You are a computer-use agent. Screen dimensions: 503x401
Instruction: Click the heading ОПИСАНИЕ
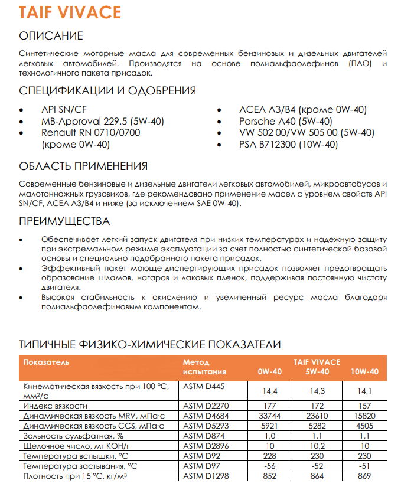[x=51, y=36]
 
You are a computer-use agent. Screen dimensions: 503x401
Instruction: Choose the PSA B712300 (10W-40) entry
[x=288, y=144]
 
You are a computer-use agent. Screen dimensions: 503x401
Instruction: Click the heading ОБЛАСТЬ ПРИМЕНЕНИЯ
[x=83, y=166]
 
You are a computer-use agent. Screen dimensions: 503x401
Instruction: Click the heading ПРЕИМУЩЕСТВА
[x=64, y=221]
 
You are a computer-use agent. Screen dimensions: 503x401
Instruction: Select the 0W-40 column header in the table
[x=269, y=372]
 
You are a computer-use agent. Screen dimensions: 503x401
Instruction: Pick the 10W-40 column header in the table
[x=364, y=372]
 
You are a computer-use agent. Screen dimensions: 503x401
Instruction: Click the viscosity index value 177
[x=269, y=406]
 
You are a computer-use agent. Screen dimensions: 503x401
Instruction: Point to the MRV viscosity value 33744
[x=269, y=416]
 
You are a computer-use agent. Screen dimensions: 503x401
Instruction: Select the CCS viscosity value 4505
[x=364, y=425]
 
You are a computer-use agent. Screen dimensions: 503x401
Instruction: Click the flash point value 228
[x=269, y=456]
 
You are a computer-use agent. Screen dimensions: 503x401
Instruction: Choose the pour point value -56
[x=269, y=466]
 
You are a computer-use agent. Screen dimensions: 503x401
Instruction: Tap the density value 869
[x=364, y=476]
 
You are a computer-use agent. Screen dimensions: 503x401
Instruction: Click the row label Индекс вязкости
[x=55, y=406]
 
